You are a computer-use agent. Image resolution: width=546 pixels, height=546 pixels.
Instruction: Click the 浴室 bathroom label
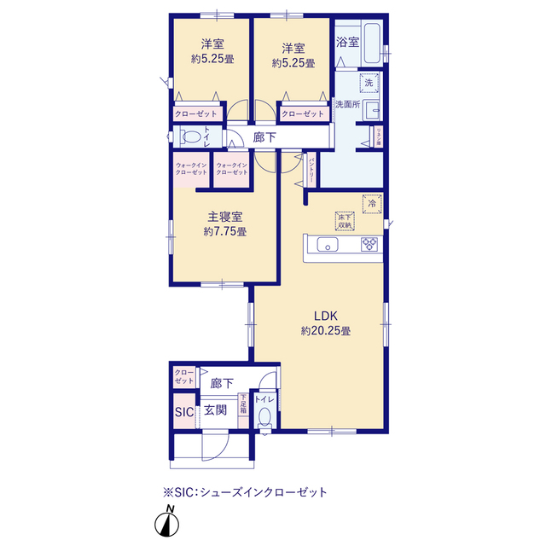point(347,41)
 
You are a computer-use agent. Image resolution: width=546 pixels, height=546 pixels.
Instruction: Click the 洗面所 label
point(347,104)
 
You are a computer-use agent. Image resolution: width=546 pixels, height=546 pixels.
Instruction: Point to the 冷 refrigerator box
point(372,203)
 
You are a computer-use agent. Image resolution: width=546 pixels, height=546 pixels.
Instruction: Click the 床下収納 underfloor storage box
point(345,219)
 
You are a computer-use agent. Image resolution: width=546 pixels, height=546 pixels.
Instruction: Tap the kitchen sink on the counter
point(328,246)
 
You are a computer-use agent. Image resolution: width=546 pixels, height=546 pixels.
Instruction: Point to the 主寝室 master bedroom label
point(225,216)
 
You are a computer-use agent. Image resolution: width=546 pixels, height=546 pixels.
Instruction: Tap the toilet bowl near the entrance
point(265,417)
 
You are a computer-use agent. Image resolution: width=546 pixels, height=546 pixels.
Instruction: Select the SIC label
point(184,411)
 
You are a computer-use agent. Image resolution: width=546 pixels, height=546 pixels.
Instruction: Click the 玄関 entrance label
point(215,410)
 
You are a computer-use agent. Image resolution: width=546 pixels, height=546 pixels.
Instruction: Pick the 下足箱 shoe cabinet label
point(243,404)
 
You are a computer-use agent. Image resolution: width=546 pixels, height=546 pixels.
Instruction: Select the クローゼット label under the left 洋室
point(195,113)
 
